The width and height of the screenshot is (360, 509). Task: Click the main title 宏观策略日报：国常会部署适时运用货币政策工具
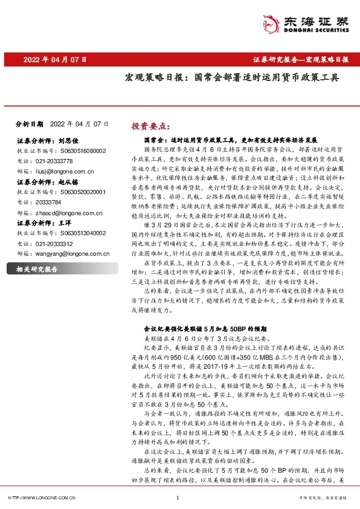click(223, 78)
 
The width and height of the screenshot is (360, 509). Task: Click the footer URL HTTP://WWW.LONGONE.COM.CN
click(40, 498)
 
